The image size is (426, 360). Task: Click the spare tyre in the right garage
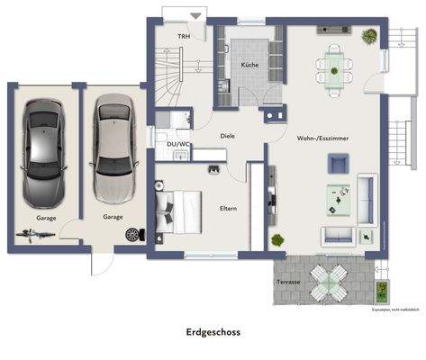[133, 234]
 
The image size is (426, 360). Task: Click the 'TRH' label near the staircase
[184, 37]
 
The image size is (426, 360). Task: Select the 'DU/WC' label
[177, 144]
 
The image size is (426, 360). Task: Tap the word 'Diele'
[228, 137]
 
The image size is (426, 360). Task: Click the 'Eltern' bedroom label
[228, 208]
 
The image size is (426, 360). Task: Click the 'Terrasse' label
[287, 282]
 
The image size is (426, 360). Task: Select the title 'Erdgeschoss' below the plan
[213, 332]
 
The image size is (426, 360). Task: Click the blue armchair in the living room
[338, 163]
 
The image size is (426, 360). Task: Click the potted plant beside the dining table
[368, 37]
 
